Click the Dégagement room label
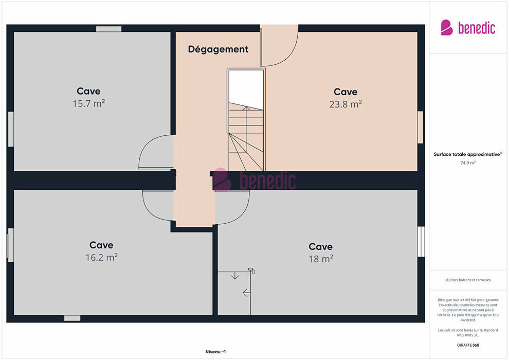tap(218, 49)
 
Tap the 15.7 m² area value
tap(88, 103)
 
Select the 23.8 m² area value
tap(346, 104)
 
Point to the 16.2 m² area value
tap(101, 258)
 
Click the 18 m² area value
tap(321, 259)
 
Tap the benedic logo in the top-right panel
tap(468, 28)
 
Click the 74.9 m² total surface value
tap(468, 163)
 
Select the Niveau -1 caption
tap(215, 352)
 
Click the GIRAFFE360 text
tap(468, 345)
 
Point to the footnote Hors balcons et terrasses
tap(468, 280)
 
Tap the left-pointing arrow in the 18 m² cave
tap(246, 293)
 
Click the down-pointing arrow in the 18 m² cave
tap(234, 276)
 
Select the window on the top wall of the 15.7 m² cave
tap(109, 29)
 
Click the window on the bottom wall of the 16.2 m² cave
tap(72, 318)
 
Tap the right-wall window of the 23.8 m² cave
tap(421, 127)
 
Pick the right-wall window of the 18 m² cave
tap(421, 242)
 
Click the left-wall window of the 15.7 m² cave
tap(11, 129)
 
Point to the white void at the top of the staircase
tap(246, 87)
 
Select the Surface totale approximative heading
tap(468, 154)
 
